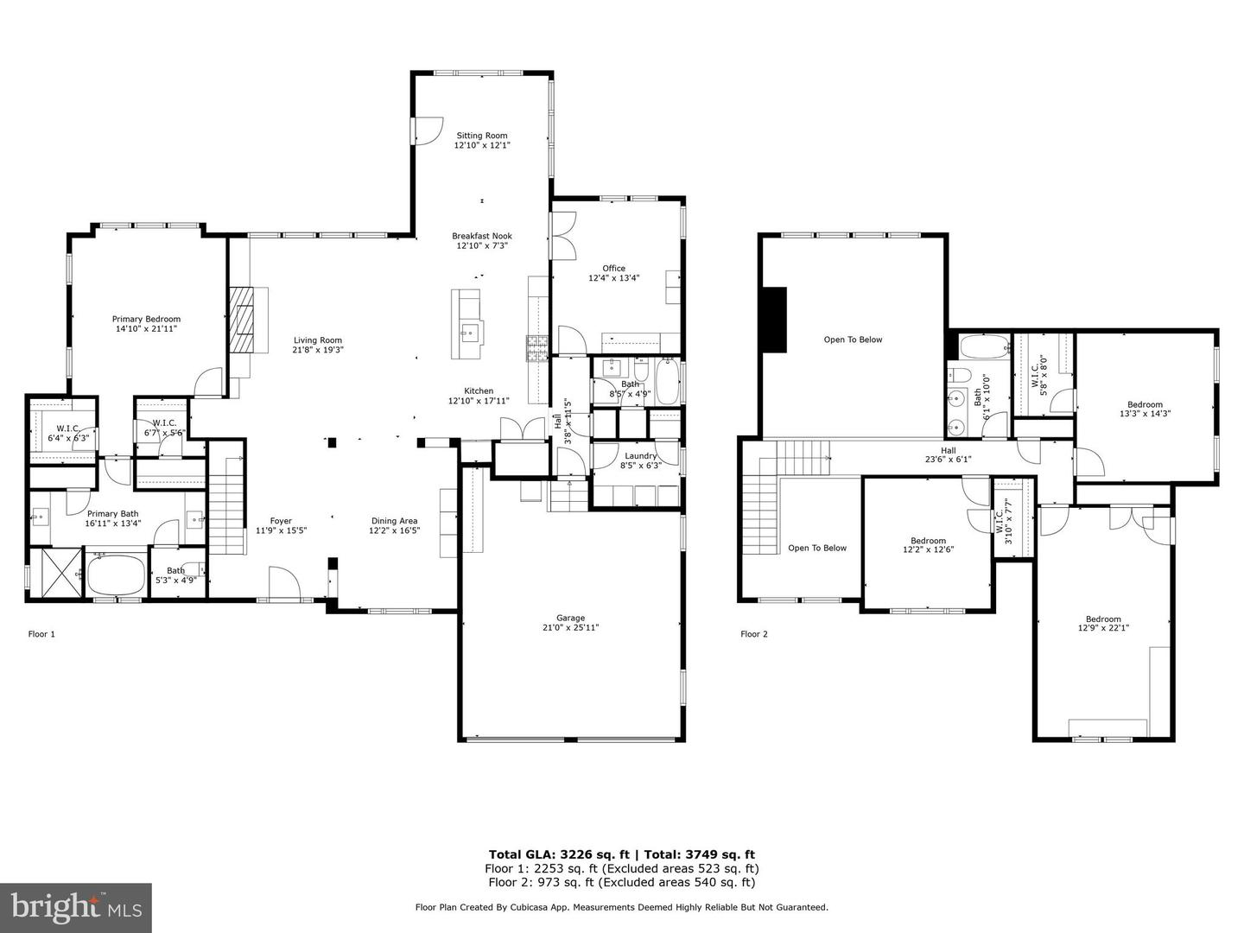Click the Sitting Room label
pyautogui.click(x=482, y=136)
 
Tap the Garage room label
pyautogui.click(x=570, y=618)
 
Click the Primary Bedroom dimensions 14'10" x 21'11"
pyautogui.click(x=146, y=329)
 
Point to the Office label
pyautogui.click(x=613, y=268)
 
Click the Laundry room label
pyautogui.click(x=640, y=456)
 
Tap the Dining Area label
pyautogui.click(x=394, y=521)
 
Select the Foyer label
pyautogui.click(x=281, y=521)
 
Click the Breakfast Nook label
pyautogui.click(x=482, y=236)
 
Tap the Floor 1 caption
pyautogui.click(x=41, y=634)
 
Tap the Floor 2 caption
pyautogui.click(x=753, y=634)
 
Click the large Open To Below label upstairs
pyautogui.click(x=853, y=340)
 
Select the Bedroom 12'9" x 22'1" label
pyautogui.click(x=1103, y=619)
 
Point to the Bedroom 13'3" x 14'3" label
pyautogui.click(x=1145, y=404)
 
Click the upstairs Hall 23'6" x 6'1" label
pyautogui.click(x=948, y=450)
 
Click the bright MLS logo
pyautogui.click(x=76, y=907)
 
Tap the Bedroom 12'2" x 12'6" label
pyautogui.click(x=929, y=541)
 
